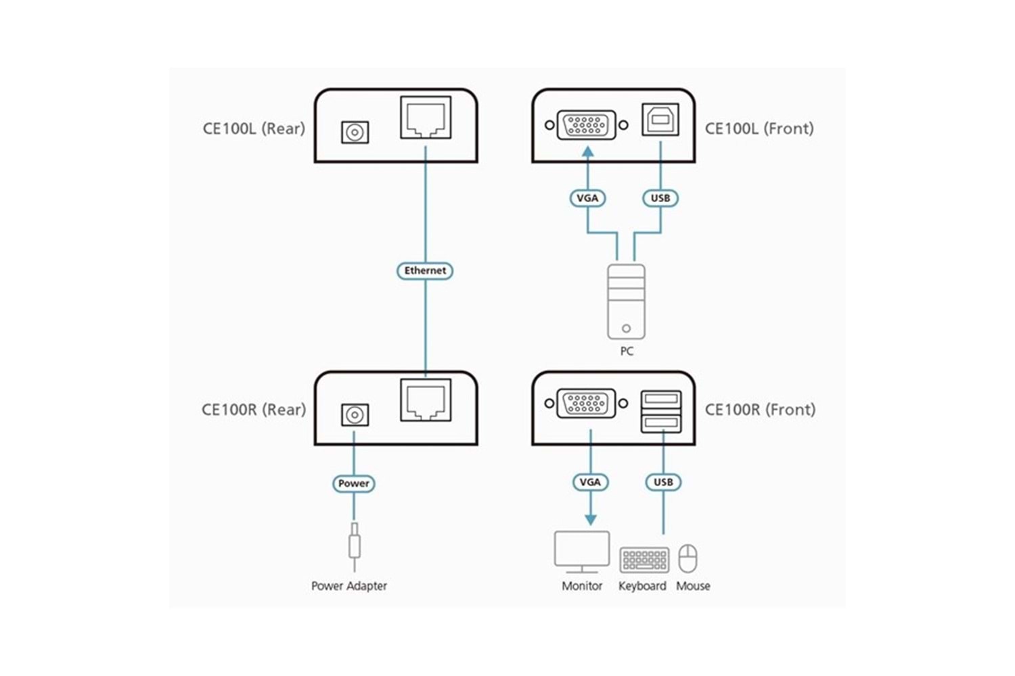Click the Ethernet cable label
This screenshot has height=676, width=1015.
point(425,270)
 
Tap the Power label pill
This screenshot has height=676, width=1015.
point(354,483)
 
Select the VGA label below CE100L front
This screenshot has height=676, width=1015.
point(587,198)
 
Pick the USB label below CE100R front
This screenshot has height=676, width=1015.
point(663,482)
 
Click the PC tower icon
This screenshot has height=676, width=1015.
point(626,301)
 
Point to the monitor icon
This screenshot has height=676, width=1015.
point(582,552)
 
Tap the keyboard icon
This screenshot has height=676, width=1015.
point(644,560)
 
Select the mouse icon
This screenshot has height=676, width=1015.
point(687,558)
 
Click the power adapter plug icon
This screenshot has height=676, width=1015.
point(354,544)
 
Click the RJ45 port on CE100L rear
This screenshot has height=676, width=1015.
point(426,118)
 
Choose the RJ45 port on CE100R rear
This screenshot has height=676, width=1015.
point(426,400)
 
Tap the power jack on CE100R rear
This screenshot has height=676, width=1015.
point(355,414)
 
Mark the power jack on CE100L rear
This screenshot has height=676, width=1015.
point(355,132)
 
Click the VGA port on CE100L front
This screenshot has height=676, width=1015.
point(586,125)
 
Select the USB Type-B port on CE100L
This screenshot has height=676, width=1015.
point(660,121)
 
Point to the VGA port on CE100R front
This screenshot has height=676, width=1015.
point(586,404)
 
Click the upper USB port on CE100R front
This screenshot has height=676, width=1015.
point(661,399)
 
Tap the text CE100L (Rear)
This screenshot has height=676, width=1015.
point(254,128)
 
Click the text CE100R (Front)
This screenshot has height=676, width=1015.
point(760,410)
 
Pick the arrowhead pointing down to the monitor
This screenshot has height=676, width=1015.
point(591,519)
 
